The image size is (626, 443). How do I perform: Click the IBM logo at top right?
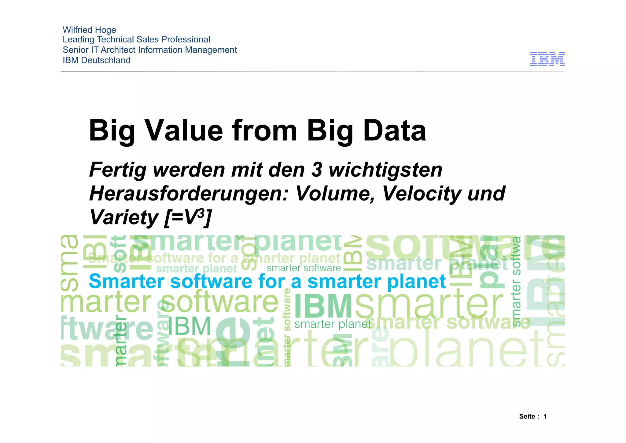click(547, 59)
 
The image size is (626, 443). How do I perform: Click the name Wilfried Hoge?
click(89, 30)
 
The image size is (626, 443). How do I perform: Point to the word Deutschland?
click(106, 60)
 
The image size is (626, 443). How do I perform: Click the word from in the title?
click(264, 131)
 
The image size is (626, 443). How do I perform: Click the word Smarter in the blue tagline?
click(126, 281)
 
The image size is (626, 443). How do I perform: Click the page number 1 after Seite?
click(545, 416)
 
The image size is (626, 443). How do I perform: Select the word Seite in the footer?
click(527, 416)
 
